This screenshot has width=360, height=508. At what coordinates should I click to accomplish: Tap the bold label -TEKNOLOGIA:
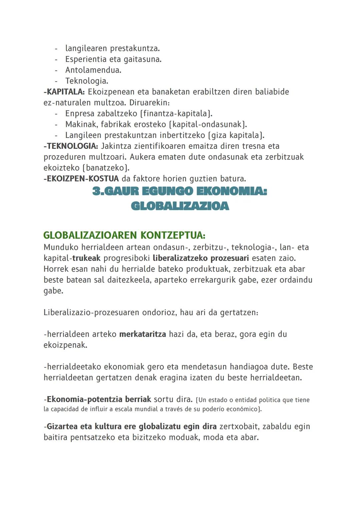tap(70, 146)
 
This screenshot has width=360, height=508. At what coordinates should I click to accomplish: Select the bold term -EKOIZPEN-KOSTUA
tap(81, 179)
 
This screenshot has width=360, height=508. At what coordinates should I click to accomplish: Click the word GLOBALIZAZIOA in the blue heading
tap(180, 206)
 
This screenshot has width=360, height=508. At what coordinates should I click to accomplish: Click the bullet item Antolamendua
tap(93, 70)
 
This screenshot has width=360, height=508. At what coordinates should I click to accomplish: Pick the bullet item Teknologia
tap(87, 81)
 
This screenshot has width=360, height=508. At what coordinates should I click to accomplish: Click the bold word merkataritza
tap(142, 334)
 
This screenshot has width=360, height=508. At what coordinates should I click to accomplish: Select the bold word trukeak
tap(86, 258)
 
